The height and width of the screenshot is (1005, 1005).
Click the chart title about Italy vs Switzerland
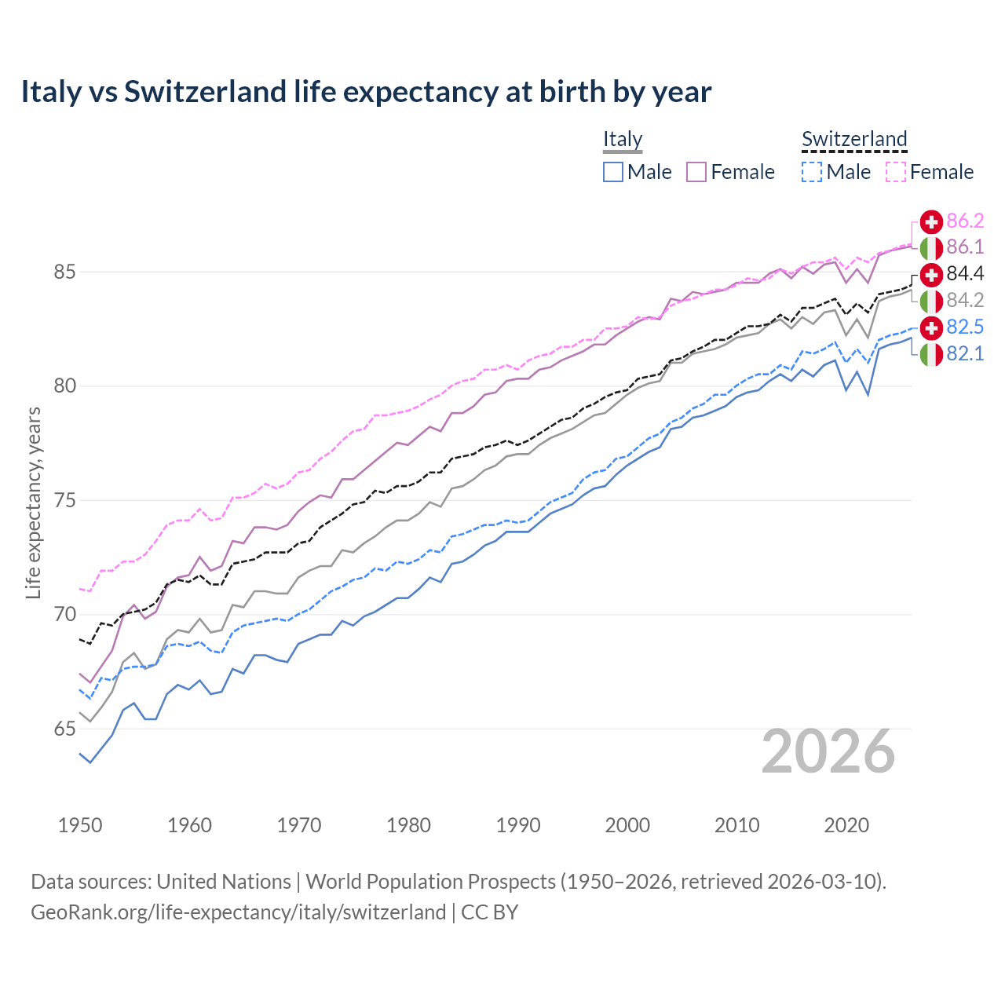pos(366,92)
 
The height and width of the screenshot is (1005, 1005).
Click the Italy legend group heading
pos(623,139)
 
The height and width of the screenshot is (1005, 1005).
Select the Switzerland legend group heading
pos(854,139)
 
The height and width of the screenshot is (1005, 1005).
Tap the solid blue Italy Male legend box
pos(613,172)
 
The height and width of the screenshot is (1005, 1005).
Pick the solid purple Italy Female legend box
pos(696,172)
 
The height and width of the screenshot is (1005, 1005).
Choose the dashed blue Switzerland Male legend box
pos(812,172)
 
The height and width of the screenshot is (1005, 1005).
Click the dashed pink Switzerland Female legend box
pos(896,172)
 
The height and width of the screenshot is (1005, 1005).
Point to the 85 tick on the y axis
pos(64,272)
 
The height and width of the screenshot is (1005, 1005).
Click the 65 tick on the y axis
pos(64,729)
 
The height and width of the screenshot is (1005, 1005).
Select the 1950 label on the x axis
pos(80,825)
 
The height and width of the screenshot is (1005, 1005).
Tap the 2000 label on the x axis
pos(627,825)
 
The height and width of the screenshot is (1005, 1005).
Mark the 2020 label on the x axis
pos(846,825)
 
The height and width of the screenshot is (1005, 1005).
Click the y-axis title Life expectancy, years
pos(33,502)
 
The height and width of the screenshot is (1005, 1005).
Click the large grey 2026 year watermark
pos(828,752)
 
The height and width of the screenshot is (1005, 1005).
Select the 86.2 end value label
pos(965,221)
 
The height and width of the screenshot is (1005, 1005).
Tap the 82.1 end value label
pos(965,354)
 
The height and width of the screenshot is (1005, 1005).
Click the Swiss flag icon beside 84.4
pos(931,274)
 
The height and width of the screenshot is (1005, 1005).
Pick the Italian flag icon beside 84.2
pos(931,301)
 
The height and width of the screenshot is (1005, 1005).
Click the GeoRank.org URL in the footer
pos(238,912)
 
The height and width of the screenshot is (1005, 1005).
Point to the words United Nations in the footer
pos(224,882)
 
